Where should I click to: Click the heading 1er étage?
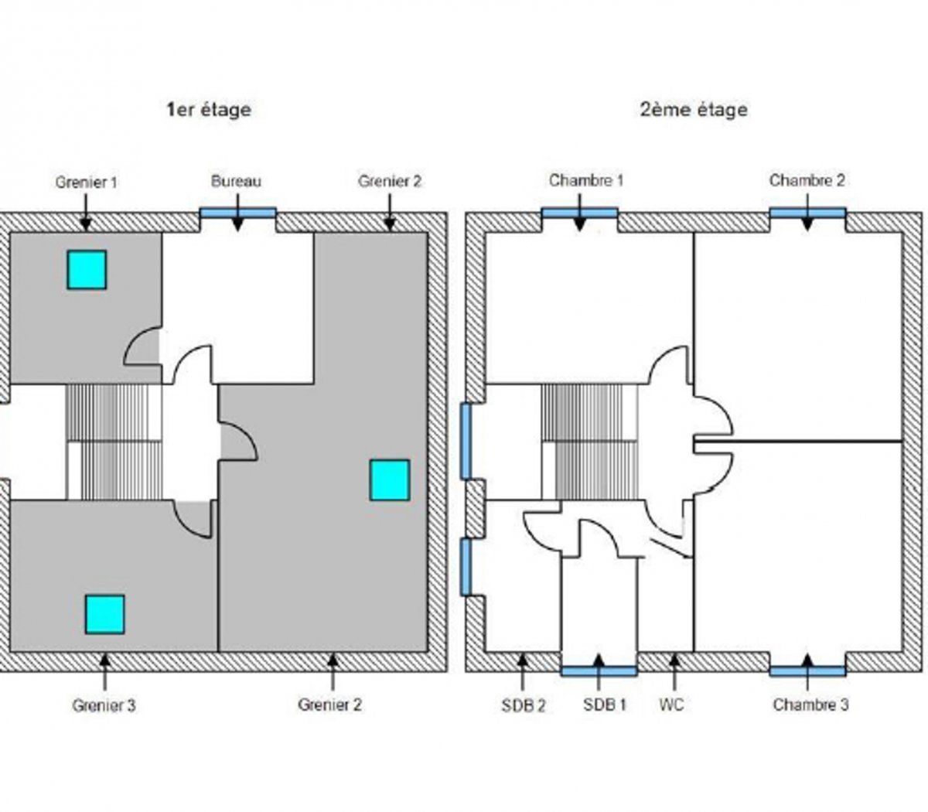209,109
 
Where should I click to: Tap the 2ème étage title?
694,109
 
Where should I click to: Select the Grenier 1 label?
86,183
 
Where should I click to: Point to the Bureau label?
236,182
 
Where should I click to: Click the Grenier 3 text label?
104,705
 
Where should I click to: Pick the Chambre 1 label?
586,180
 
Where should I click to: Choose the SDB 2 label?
524,705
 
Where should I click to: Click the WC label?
672,705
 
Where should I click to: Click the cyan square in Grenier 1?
87,270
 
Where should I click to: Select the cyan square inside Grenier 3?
104,614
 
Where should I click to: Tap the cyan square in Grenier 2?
389,479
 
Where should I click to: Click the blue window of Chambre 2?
807,213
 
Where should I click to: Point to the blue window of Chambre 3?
807,670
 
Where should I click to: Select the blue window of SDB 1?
599,670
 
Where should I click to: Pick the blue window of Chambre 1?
579,213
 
